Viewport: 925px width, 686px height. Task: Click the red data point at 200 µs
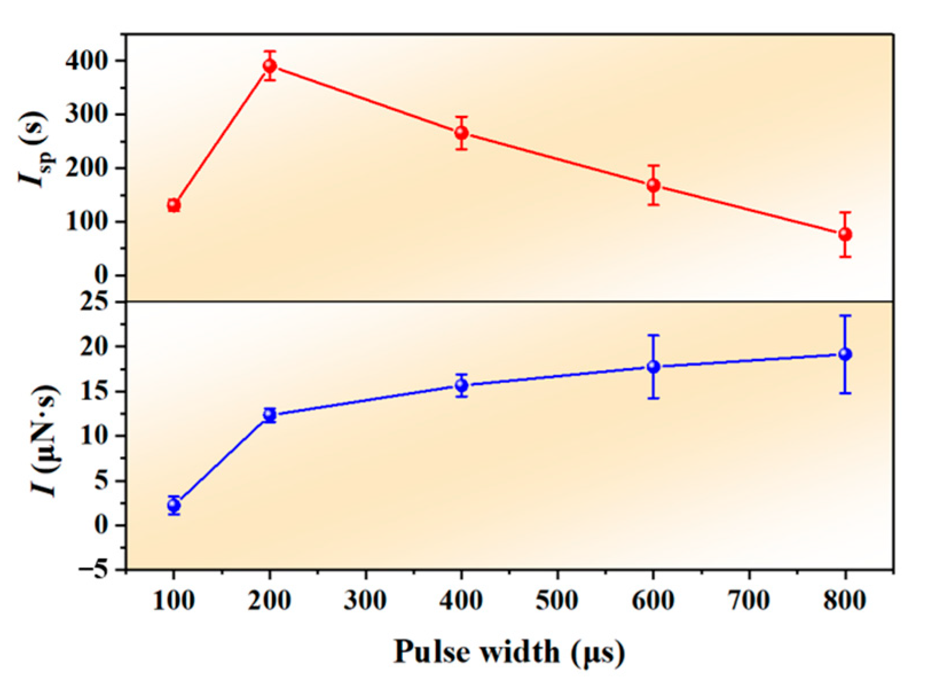270,66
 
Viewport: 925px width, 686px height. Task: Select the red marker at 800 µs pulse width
845,234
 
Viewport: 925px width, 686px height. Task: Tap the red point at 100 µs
174,205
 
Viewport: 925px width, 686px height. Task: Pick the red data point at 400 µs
462,133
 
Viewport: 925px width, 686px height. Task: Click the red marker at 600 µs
654,185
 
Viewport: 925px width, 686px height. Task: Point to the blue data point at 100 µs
174,505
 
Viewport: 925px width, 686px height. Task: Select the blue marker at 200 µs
270,415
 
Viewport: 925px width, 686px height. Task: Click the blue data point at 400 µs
462,385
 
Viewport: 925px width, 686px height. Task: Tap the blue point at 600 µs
654,367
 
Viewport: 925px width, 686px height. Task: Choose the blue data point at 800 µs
845,354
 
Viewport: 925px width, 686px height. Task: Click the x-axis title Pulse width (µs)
509,652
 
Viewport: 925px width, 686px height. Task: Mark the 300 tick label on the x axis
365,601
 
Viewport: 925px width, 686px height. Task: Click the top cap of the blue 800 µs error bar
845,316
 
